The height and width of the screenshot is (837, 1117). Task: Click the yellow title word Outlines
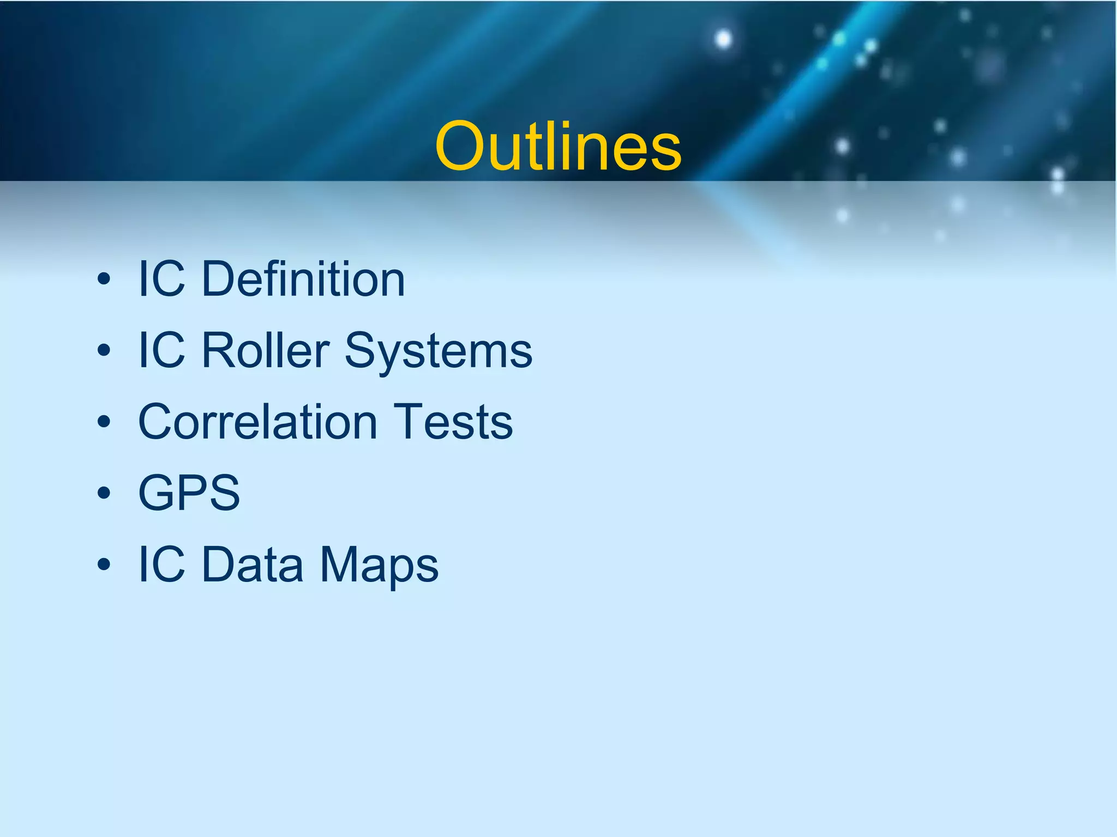tap(558, 146)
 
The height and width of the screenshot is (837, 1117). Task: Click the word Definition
tap(303, 279)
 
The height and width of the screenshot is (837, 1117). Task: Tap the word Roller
tap(265, 350)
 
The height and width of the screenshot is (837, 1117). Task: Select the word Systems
tap(438, 350)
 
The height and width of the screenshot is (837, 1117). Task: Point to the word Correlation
tap(257, 422)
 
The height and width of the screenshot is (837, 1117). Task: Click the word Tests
tap(453, 422)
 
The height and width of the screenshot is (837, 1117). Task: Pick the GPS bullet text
tap(189, 493)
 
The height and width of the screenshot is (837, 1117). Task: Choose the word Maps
tap(379, 565)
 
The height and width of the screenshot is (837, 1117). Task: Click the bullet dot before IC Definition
tap(104, 280)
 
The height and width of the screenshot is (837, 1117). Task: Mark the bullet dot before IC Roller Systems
tap(104, 351)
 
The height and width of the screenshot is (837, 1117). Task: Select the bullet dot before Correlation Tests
tap(104, 422)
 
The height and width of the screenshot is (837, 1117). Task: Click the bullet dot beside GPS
tap(104, 494)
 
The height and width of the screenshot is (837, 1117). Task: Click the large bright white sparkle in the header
tap(723, 39)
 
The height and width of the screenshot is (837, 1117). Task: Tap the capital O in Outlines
tap(462, 146)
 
